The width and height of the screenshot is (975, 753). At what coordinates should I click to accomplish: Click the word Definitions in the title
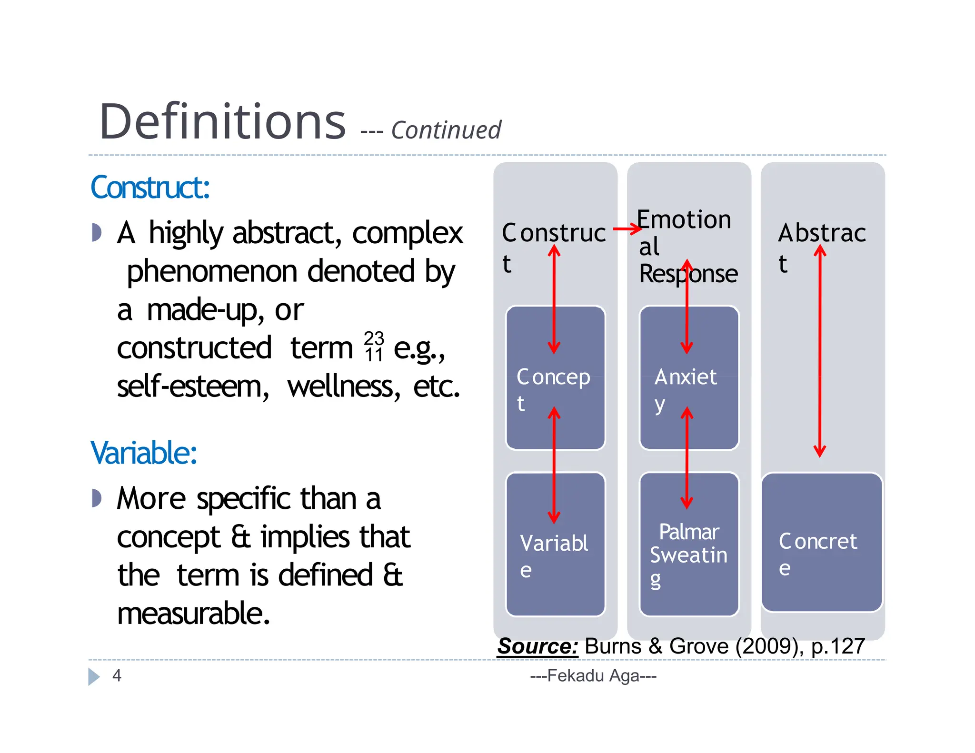[222, 122]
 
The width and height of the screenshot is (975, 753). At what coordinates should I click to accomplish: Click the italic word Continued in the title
[446, 130]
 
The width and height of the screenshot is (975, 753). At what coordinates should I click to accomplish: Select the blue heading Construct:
[150, 188]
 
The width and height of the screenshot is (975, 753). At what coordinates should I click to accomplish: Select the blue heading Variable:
[144, 453]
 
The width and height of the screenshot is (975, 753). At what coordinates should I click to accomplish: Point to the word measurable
[193, 614]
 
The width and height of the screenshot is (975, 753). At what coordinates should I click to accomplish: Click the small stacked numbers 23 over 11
[374, 347]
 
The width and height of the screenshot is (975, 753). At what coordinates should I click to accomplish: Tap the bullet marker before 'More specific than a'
[97, 498]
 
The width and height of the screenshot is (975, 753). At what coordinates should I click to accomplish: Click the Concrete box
[822, 543]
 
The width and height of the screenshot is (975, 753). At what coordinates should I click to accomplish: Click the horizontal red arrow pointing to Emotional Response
[627, 229]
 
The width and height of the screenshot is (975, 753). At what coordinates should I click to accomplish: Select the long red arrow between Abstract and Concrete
[819, 352]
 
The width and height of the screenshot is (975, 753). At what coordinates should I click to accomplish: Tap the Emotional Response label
[687, 247]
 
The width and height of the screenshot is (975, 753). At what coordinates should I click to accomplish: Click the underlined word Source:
[537, 646]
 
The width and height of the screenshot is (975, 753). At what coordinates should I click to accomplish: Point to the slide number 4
[117, 675]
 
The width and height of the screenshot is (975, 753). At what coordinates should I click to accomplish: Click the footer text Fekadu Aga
[593, 675]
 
